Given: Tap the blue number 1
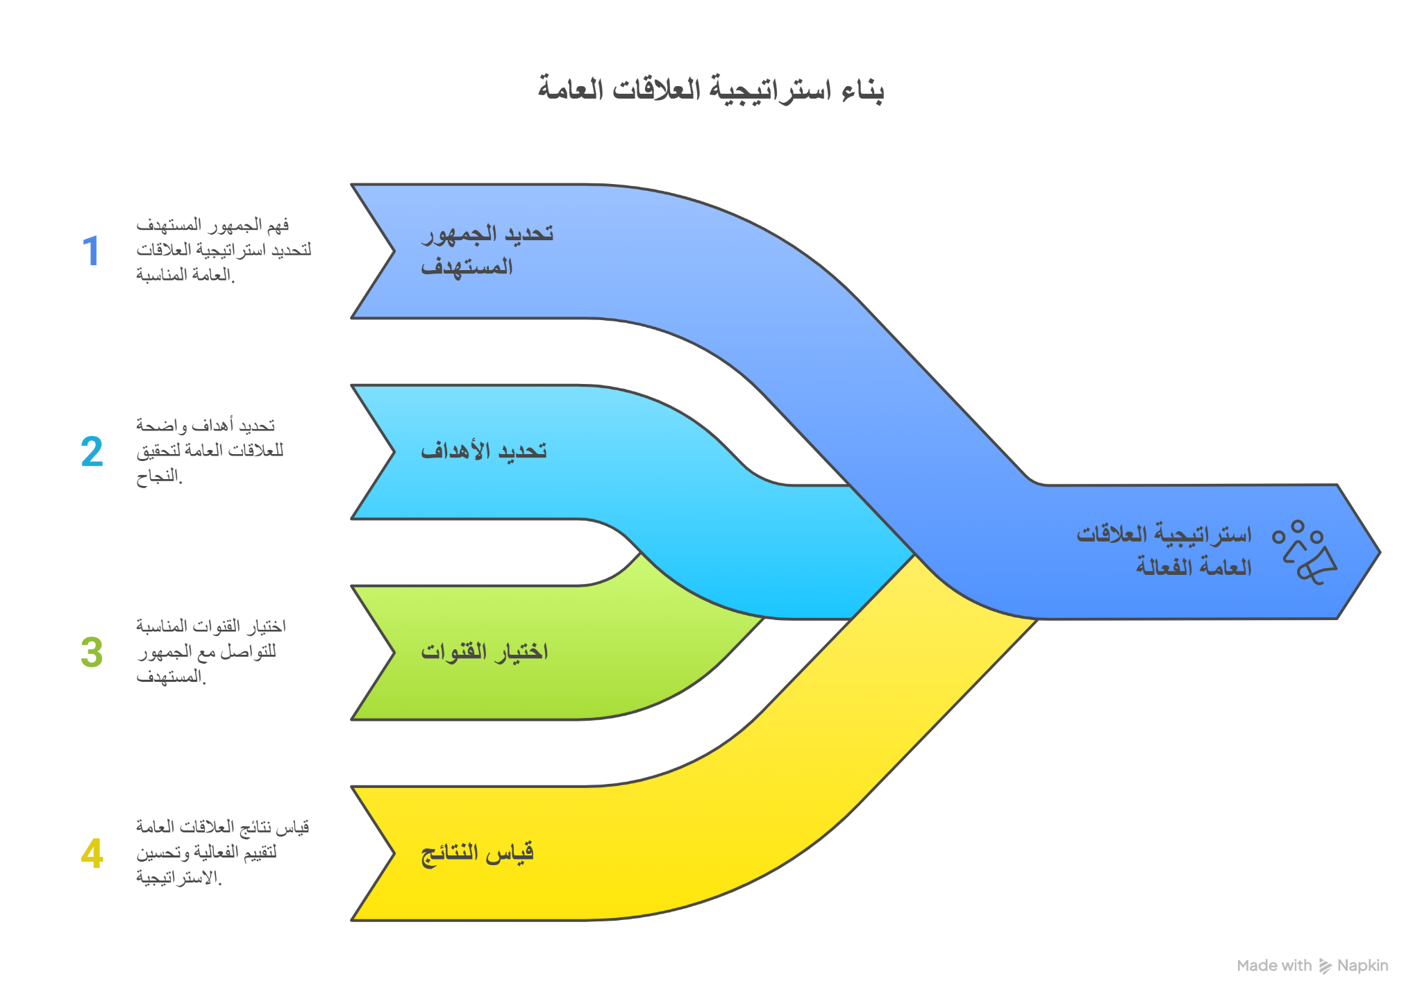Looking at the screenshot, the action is pos(91,251).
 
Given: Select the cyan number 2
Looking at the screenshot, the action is pos(92,451).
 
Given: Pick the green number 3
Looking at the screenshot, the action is pos(92,652).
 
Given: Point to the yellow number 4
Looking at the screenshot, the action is pos(92,853).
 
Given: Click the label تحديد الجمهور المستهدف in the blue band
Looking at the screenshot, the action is pos(487,250).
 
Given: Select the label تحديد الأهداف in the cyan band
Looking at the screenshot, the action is pos(484,451).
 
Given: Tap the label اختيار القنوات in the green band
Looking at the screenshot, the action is pos(485,652).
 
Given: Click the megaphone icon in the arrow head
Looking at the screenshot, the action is pos(1305,553).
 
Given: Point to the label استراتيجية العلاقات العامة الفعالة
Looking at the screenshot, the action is pos(1164,551).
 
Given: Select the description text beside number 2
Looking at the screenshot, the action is pos(210,451).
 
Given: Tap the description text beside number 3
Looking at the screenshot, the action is pos(211,651).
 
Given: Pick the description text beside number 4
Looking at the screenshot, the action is pos(223,853).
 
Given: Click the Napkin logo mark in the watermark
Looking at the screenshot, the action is pos(1325,966).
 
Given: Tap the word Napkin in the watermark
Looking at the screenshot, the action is pos(1362,966).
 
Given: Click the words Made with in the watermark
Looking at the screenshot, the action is pos(1275,966).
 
